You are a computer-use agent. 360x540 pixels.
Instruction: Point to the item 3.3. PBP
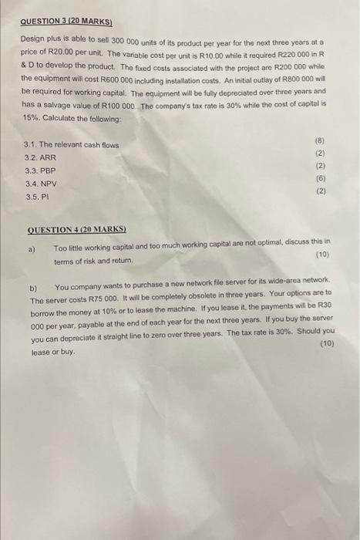pyautogui.click(x=41, y=170)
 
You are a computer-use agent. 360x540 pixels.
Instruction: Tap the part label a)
pyautogui.click(x=32, y=248)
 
